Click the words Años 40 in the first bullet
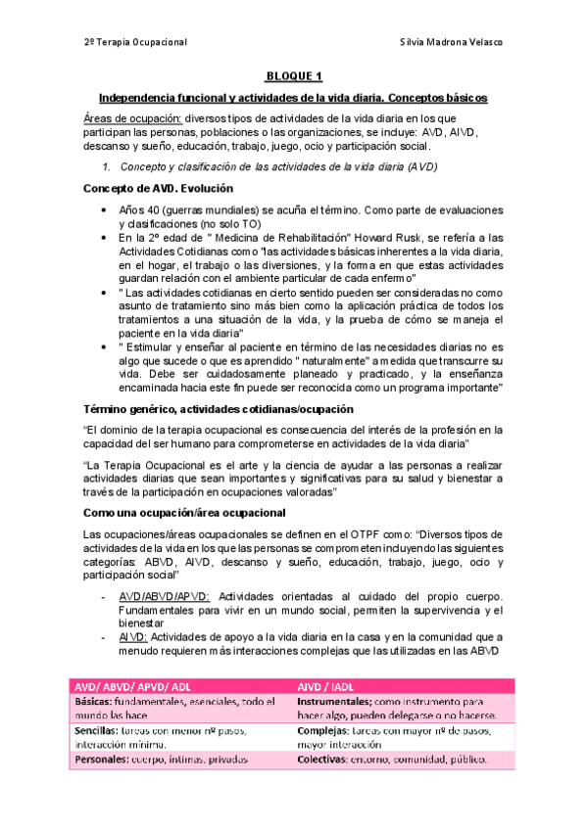tap(141, 209)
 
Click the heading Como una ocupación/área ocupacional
tap(184, 513)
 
